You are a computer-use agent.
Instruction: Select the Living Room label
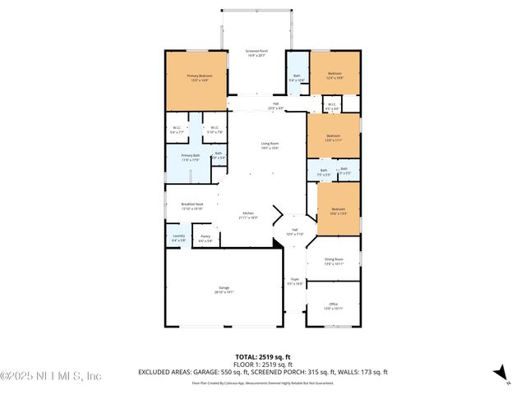tap(270, 144)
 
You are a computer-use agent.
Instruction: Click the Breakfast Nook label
tap(180, 206)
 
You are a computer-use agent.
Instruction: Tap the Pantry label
tap(205, 239)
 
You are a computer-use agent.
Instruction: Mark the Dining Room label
tap(333, 262)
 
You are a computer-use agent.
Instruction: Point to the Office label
tap(333, 305)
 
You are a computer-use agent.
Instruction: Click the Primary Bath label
tap(190, 157)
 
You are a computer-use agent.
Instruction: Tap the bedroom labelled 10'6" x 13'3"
tap(338, 211)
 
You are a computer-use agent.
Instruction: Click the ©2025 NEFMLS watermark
tap(51, 376)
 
